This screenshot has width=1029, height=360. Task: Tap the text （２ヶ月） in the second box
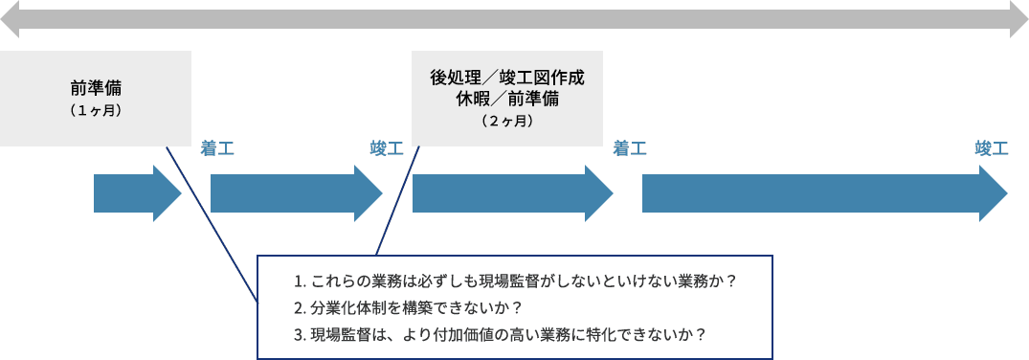click(x=507, y=122)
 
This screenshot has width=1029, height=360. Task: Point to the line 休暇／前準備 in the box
click(x=507, y=99)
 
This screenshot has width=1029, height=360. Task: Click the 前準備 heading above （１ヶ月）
click(x=96, y=89)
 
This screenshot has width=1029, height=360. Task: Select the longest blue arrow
click(x=823, y=193)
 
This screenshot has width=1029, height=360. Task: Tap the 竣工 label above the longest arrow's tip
click(x=991, y=148)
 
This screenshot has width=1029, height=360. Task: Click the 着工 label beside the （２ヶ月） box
click(x=629, y=148)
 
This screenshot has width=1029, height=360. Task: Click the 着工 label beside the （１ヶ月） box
click(x=217, y=148)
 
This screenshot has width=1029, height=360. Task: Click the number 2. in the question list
click(x=300, y=308)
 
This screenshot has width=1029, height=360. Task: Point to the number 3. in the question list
click(x=300, y=334)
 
